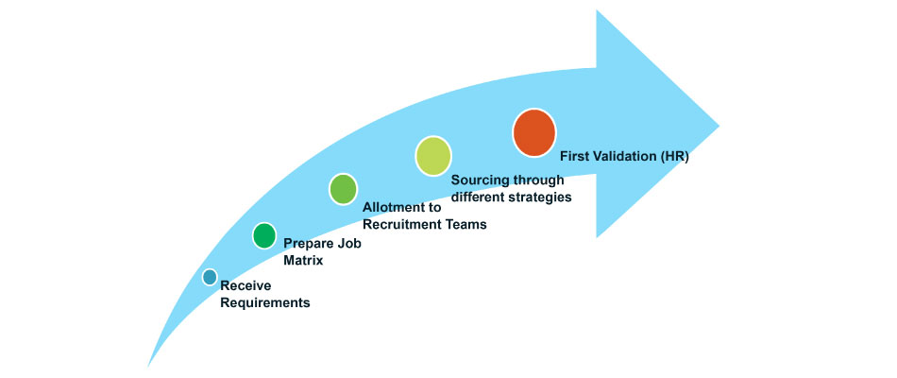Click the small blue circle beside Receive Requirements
point(210,277)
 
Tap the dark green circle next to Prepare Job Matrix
point(264,235)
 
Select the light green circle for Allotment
point(343,188)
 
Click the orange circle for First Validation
point(533,133)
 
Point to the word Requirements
point(264,303)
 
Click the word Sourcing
point(482,180)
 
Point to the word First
point(576,156)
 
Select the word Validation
point(629,156)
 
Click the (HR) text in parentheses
point(676,156)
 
